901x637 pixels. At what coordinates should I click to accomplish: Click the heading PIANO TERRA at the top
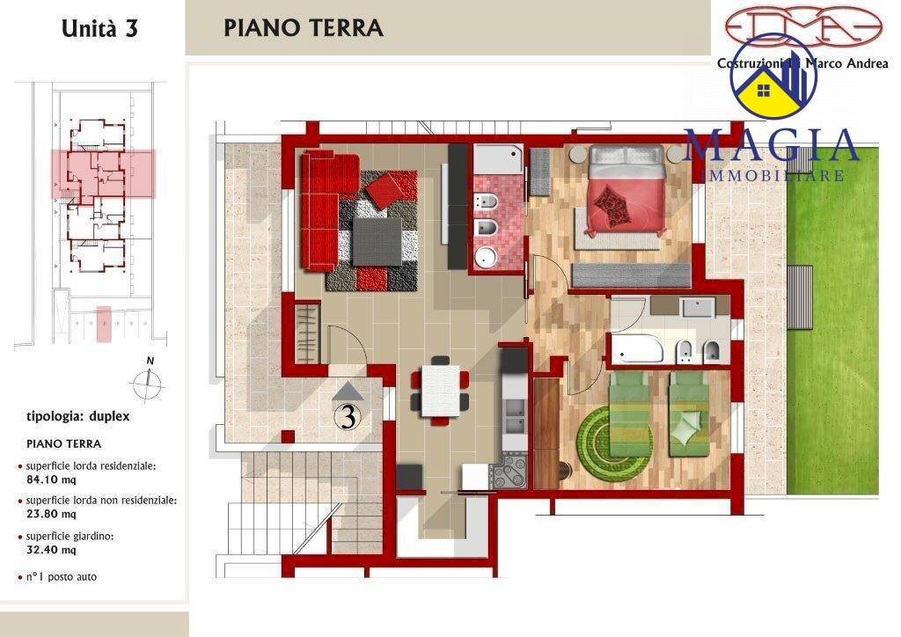(304, 27)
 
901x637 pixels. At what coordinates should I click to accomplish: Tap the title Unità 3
(99, 28)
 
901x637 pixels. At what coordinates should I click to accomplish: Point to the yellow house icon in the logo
(765, 91)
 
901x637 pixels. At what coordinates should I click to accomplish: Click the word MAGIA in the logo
(771, 146)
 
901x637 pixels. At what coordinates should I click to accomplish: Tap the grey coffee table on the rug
(377, 238)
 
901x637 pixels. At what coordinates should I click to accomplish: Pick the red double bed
(625, 187)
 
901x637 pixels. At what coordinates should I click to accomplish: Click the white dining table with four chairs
(440, 390)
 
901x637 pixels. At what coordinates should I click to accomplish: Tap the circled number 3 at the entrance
(348, 417)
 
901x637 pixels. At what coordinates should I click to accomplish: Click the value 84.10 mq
(50, 480)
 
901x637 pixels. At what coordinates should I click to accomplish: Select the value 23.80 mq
(50, 515)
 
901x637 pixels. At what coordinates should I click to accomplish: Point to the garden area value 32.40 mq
(50, 550)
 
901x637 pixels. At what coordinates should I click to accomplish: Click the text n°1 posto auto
(62, 577)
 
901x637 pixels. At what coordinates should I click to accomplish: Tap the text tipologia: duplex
(78, 416)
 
